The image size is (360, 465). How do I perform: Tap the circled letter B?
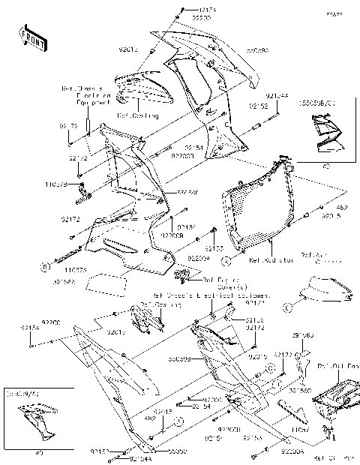point(46,265)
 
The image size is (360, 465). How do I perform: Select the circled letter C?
point(288,304)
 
